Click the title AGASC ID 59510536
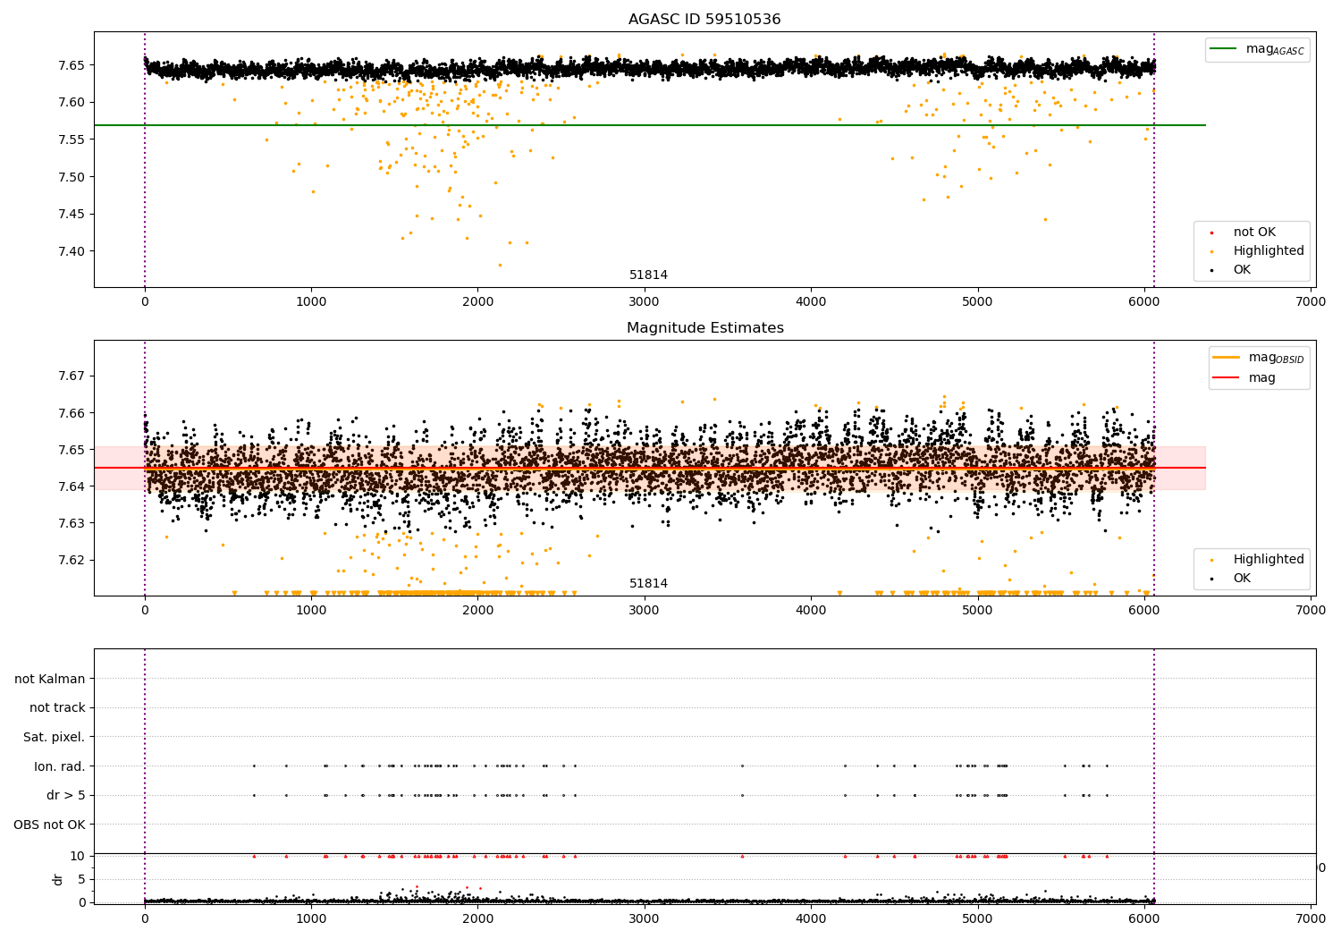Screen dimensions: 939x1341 pyautogui.click(x=704, y=20)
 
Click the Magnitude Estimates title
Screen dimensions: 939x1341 pyautogui.click(x=704, y=328)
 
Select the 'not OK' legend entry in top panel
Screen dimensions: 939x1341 pyautogui.click(x=1254, y=233)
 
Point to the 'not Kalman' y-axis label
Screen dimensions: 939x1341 pyautogui.click(x=50, y=679)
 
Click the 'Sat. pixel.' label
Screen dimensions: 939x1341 pyautogui.click(x=55, y=737)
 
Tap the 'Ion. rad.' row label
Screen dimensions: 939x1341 pyautogui.click(x=60, y=766)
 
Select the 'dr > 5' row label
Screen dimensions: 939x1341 pyautogui.click(x=66, y=795)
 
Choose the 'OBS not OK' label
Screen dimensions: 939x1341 pyautogui.click(x=50, y=825)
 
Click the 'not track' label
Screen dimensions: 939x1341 pyautogui.click(x=57, y=707)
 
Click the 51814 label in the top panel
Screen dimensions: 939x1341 pyautogui.click(x=648, y=275)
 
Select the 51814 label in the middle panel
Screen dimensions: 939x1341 pyautogui.click(x=648, y=584)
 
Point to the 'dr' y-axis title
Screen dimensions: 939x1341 pyautogui.click(x=58, y=879)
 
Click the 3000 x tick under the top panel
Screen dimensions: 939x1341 pyautogui.click(x=644, y=302)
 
